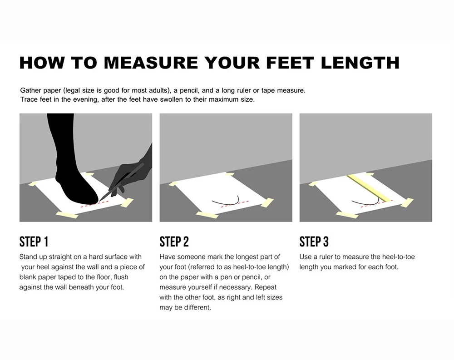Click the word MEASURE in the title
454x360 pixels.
coord(151,63)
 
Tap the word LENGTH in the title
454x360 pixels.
coord(360,63)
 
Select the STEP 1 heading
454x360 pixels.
coord(34,242)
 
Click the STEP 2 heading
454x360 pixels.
coord(174,242)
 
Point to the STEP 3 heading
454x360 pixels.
coord(314,242)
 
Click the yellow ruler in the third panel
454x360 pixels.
coord(369,188)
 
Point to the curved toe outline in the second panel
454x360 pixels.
coord(226,201)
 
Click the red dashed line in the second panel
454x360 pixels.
coord(235,203)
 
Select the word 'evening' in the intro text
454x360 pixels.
coord(86,99)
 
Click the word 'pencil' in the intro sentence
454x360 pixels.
coord(189,90)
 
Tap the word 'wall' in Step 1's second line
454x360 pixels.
coord(92,267)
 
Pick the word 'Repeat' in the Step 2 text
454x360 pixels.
coord(266,287)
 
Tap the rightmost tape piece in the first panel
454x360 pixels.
coord(127,202)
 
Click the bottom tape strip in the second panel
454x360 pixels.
coord(207,215)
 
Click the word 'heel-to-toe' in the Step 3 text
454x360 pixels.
coord(399,257)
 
